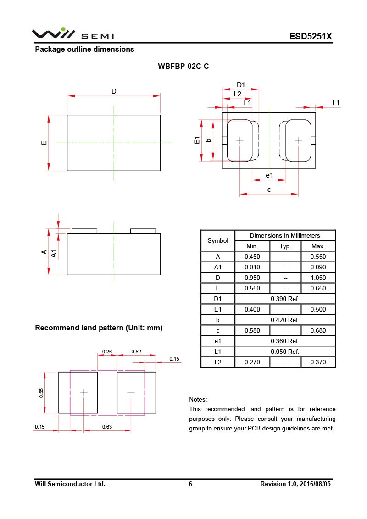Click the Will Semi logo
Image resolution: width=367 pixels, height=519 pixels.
pos(72,34)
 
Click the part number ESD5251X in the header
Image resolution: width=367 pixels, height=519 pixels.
pos(310,37)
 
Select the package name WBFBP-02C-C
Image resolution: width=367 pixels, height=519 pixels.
pos(183,66)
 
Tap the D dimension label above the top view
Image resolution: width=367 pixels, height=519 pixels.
pos(114,91)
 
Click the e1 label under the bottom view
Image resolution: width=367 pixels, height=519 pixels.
pos(269,176)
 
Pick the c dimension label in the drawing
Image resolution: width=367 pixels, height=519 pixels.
pos(269,190)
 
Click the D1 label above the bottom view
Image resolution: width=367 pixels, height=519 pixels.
pos(241,84)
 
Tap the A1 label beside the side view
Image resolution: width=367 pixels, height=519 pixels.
pos(54,253)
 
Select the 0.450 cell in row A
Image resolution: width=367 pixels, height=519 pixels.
pos(252,257)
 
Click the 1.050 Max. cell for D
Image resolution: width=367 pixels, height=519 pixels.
pos(318,278)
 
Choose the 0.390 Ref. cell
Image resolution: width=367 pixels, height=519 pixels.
pos(285,299)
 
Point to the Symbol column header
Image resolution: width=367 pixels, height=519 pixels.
pos(218,240)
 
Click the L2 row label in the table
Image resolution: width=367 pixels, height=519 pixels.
pos(218,362)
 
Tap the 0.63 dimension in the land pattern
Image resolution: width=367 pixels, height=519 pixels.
pos(107,427)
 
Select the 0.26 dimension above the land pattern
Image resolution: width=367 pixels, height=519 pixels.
pos(107,352)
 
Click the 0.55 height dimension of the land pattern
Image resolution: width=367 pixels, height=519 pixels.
pos(41,393)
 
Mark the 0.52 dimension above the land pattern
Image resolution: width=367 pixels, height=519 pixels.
pos(136,352)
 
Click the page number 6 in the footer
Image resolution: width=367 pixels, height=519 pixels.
pos(190,484)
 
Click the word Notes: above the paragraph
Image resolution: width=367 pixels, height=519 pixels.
pos(198,399)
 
